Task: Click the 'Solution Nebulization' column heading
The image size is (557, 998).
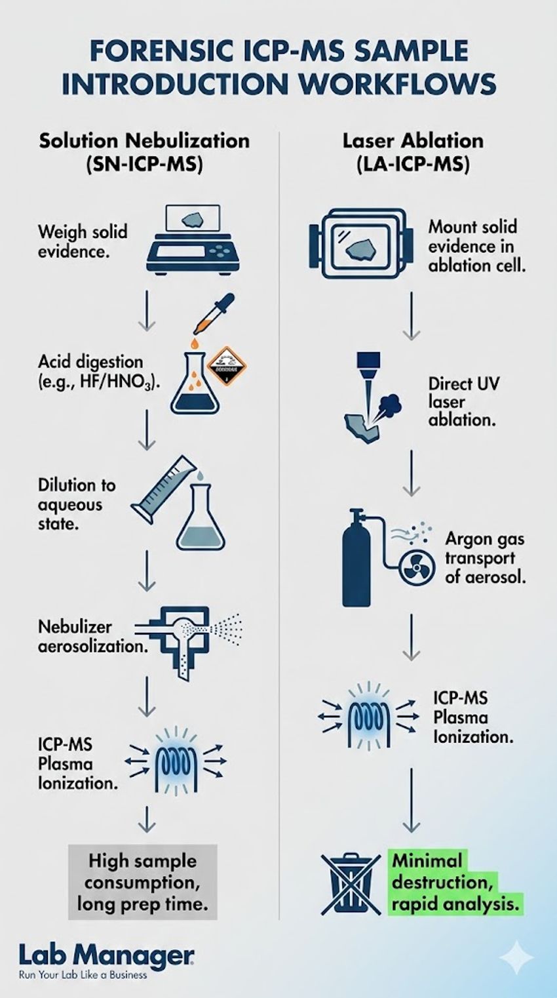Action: (x=144, y=140)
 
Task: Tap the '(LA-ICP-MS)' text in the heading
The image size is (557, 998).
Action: (x=413, y=164)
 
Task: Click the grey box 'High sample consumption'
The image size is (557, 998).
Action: (x=142, y=882)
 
